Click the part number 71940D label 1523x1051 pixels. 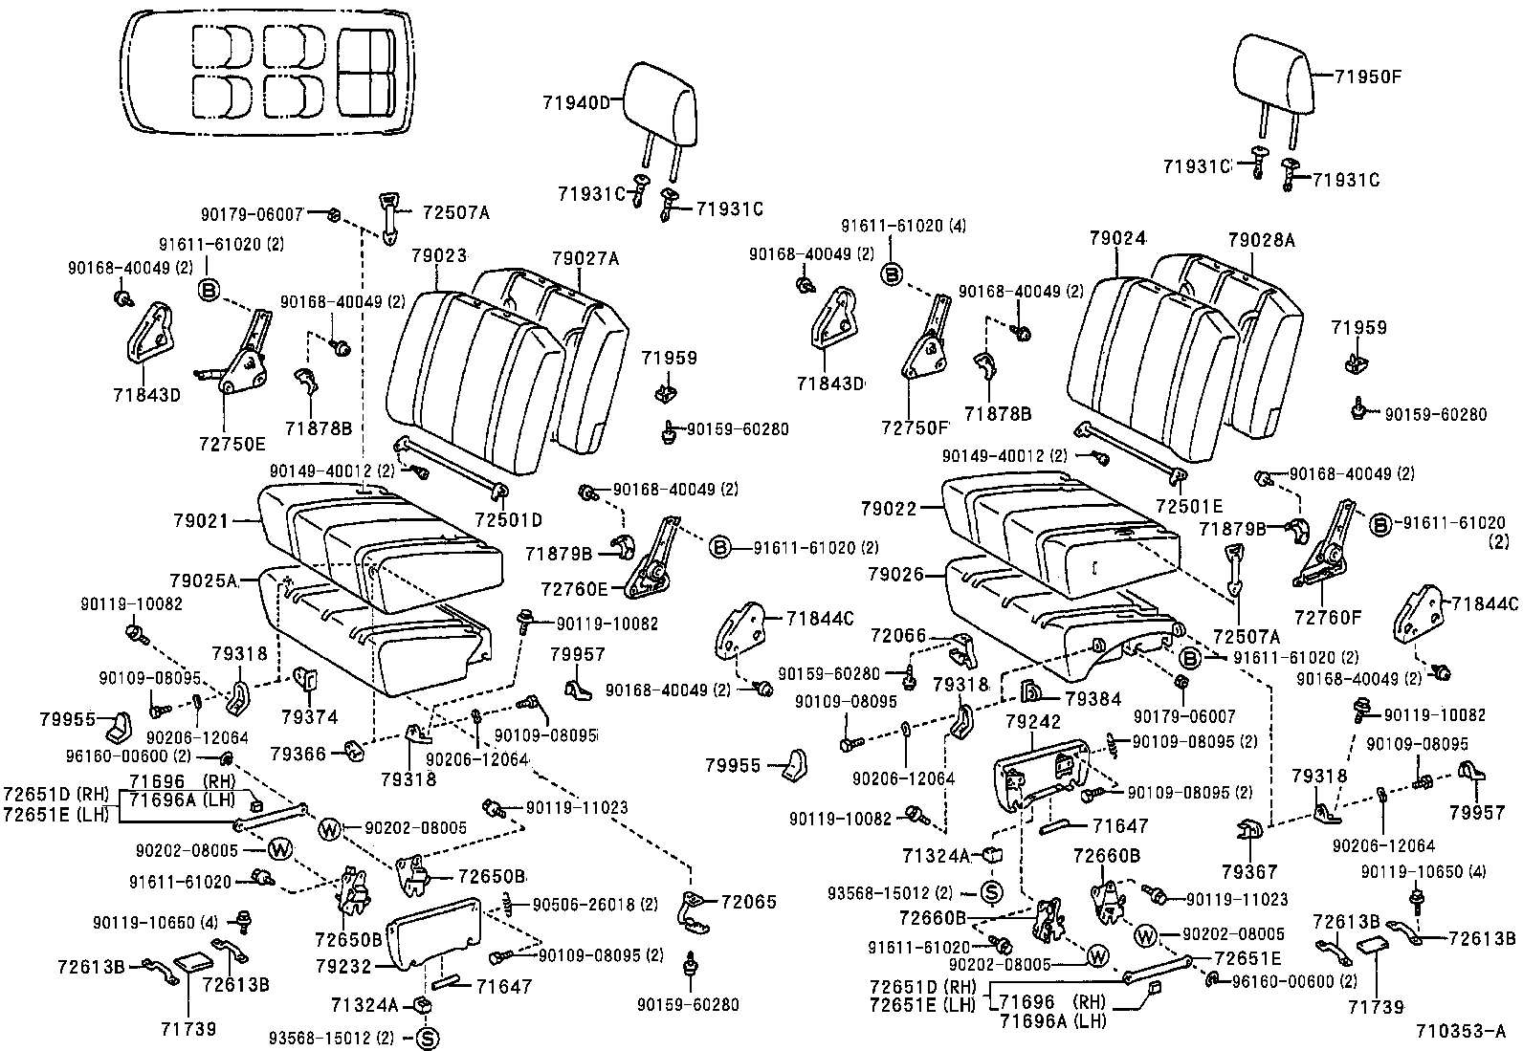[577, 102]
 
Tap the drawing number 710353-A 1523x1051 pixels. [1462, 1032]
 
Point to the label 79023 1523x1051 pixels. [439, 256]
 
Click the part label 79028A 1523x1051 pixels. [1261, 241]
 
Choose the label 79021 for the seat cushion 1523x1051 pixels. [201, 521]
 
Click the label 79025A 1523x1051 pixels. [203, 580]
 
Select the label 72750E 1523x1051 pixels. [232, 444]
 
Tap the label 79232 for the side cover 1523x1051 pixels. [342, 967]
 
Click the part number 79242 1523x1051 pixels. [1033, 721]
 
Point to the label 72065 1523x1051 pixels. [748, 902]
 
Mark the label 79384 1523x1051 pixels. [1093, 699]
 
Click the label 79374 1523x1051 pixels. [309, 717]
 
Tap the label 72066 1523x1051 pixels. [898, 635]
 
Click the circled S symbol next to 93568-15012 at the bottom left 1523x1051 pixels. [428, 1039]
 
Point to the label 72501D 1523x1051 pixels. [508, 520]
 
